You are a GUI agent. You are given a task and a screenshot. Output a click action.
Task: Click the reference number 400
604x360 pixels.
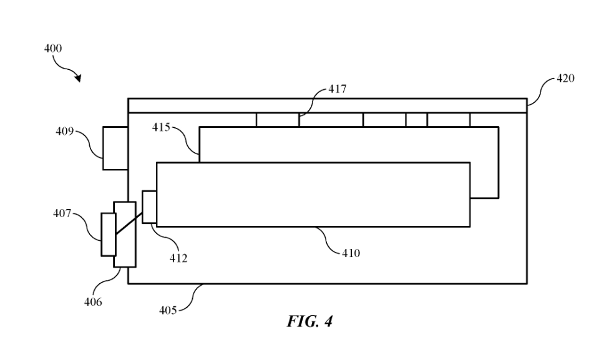(x=53, y=49)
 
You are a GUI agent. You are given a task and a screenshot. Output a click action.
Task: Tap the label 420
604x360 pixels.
(x=565, y=79)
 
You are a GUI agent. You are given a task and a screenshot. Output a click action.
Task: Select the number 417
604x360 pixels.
(x=338, y=90)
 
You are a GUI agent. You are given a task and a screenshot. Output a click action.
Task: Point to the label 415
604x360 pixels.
(x=161, y=127)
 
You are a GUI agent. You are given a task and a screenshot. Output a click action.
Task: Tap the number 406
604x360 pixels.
(x=94, y=302)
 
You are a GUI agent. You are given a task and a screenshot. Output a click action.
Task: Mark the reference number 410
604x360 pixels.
(x=351, y=253)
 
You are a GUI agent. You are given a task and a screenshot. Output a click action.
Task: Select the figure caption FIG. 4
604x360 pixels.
(x=310, y=322)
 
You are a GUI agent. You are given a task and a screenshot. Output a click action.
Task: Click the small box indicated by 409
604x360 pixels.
(x=115, y=148)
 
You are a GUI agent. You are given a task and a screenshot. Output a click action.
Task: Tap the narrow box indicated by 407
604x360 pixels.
(x=109, y=234)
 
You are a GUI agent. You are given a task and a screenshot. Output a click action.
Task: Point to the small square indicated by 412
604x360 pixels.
(x=149, y=207)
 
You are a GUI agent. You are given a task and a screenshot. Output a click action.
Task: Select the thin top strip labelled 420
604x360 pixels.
(x=327, y=105)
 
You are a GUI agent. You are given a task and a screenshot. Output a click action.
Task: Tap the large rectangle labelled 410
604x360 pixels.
(x=313, y=194)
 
